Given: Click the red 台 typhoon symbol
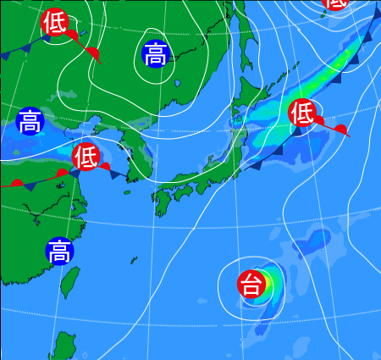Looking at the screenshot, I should click(x=251, y=284).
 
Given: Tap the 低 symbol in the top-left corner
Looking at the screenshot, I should click(x=54, y=21).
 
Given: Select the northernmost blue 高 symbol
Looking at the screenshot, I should click(x=156, y=55).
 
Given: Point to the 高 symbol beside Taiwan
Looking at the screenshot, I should click(x=59, y=251).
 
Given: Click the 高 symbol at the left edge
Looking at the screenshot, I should click(x=30, y=120).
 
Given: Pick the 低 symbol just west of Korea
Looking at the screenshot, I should click(x=86, y=156).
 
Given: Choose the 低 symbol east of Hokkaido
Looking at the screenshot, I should click(x=302, y=112).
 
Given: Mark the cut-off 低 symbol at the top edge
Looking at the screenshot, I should click(x=336, y=3).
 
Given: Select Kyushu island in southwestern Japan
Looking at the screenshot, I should click(x=163, y=200).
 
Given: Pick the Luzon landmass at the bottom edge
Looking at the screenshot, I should click(x=62, y=347).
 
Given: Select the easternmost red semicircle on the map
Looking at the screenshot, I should click(x=340, y=129).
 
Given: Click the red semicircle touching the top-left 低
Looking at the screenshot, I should click(x=72, y=36).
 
